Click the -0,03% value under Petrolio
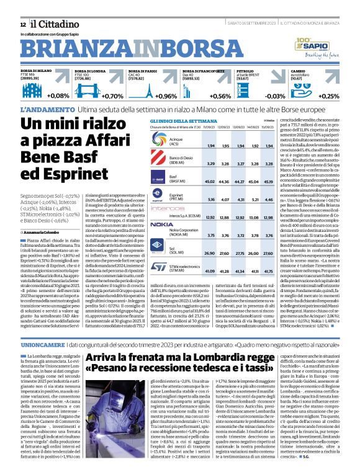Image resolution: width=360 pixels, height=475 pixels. click(275, 96)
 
